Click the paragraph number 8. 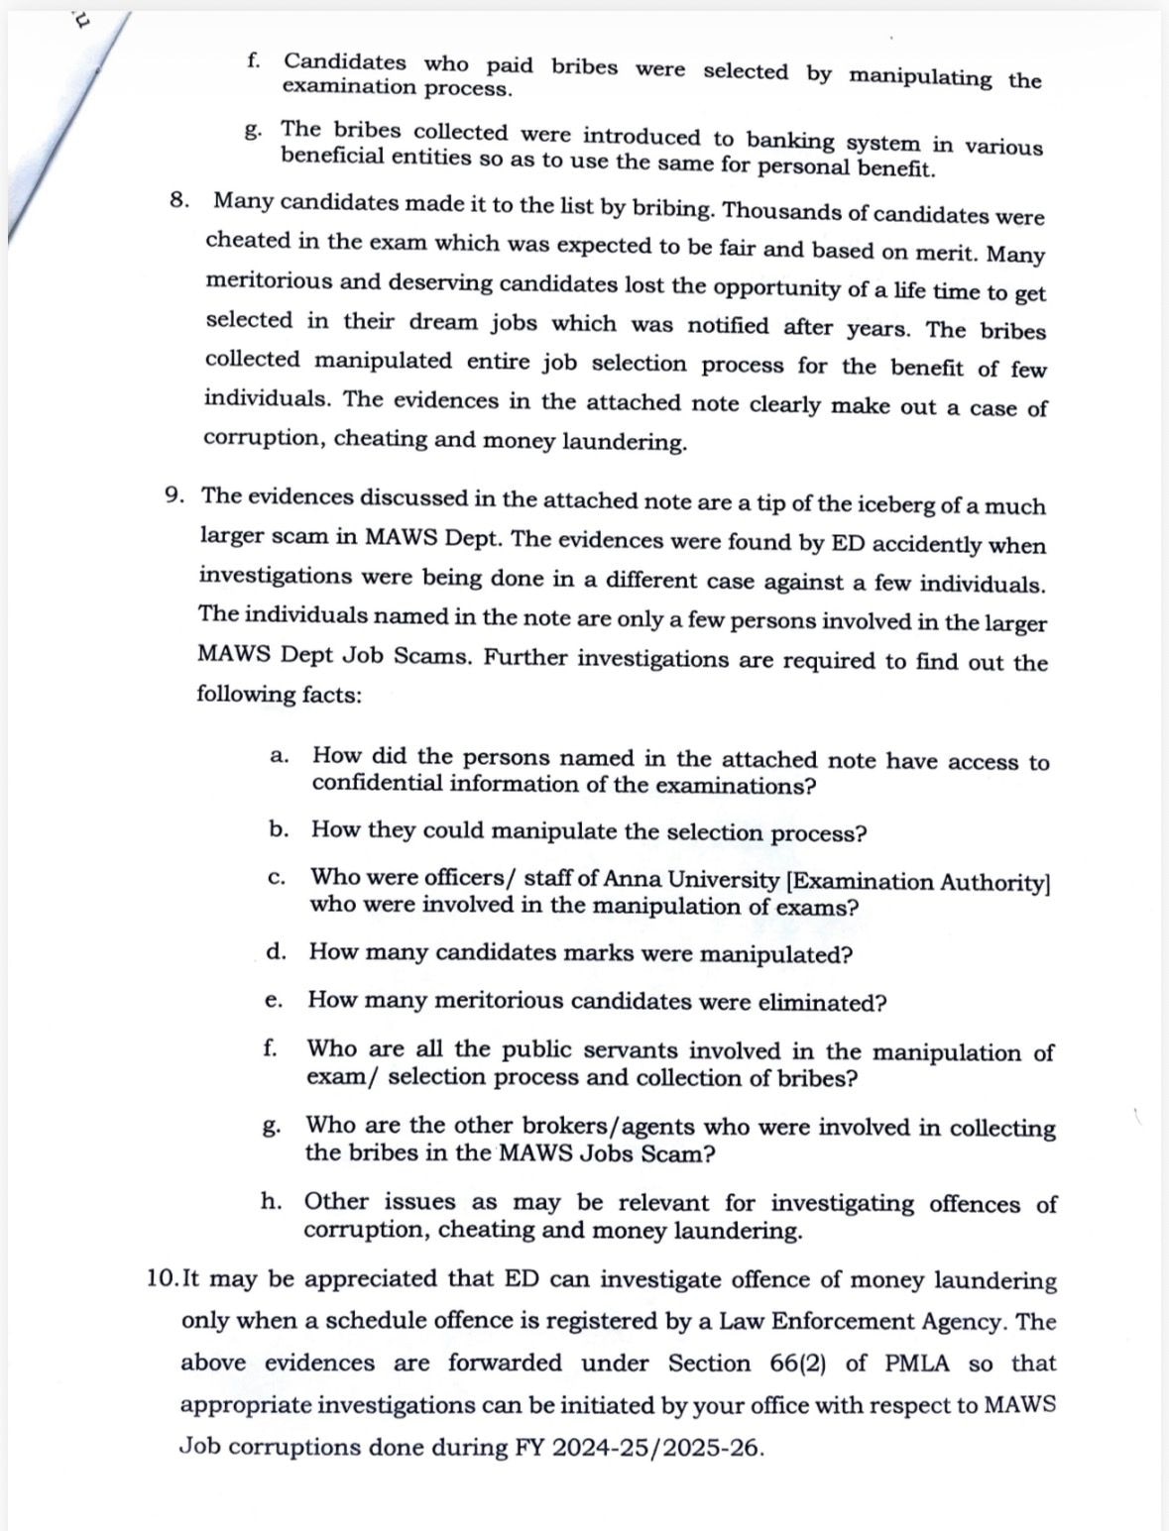click(178, 199)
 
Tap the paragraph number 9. click(174, 494)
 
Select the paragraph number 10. click(161, 1278)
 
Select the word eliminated click(821, 1003)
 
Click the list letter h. click(270, 1201)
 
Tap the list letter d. click(276, 952)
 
